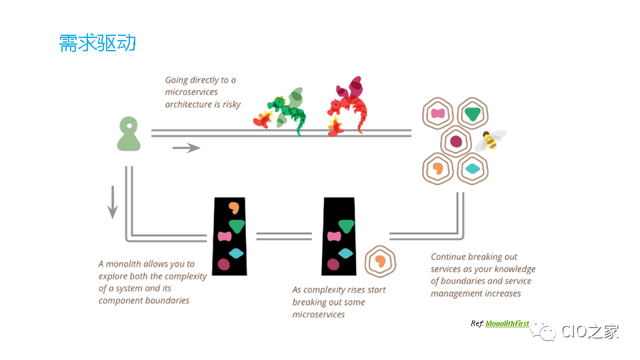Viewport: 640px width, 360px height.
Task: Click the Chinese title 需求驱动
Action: (97, 43)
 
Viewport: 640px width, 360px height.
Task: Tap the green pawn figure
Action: (129, 134)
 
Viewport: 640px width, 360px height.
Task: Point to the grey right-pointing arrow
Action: (186, 147)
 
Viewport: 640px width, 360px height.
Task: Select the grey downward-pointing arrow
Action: (113, 203)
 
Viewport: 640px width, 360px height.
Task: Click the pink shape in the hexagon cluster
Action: (437, 113)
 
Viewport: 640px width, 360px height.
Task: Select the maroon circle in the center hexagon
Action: (456, 141)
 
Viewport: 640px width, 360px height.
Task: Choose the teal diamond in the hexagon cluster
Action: (473, 169)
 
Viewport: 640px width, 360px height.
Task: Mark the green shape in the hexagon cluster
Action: (473, 114)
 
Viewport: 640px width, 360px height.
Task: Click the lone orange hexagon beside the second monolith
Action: (381, 261)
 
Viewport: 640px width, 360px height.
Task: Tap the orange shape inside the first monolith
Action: (234, 208)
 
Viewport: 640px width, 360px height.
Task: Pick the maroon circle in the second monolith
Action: (333, 265)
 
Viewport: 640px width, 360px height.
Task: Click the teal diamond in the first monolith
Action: (236, 253)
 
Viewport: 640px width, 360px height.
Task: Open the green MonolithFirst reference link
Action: (507, 323)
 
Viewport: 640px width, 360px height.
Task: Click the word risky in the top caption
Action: (231, 105)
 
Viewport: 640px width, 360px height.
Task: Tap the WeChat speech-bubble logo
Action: (543, 331)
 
